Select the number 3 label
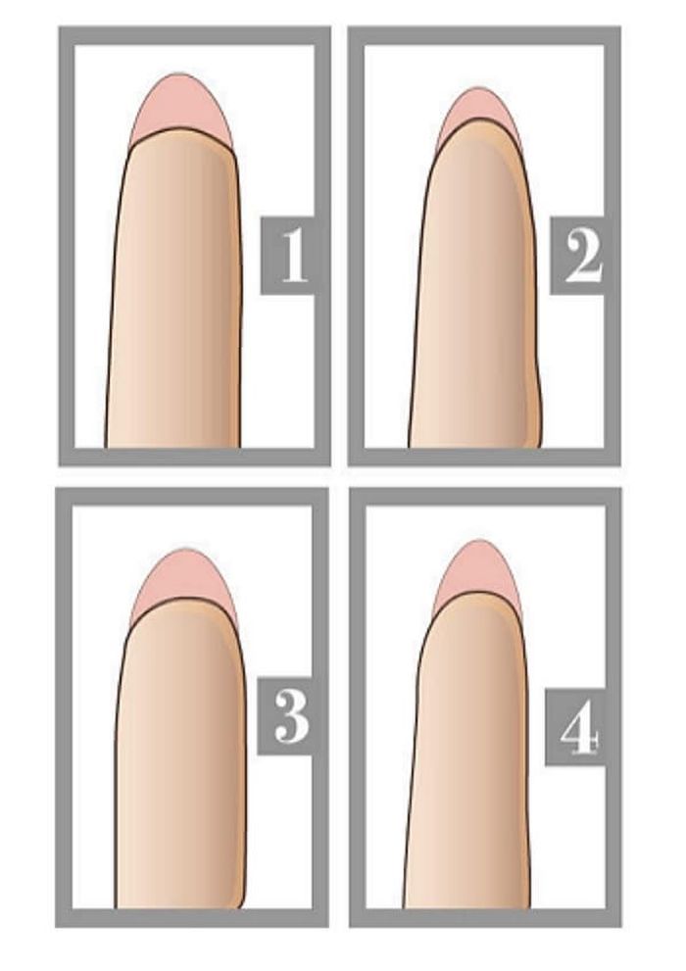coord(291,718)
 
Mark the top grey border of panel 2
coord(484,35)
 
